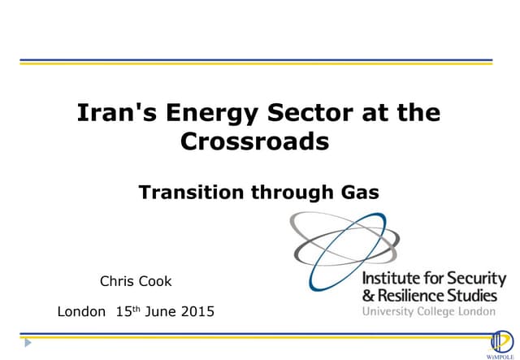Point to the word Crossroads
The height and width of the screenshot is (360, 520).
254,141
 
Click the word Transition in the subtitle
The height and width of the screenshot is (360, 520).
184,193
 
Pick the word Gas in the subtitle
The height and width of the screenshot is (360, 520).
358,193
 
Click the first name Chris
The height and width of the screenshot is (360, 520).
115,282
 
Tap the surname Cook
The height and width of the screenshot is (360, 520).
155,282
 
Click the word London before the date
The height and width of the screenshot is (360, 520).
81,311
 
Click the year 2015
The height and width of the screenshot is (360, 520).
198,311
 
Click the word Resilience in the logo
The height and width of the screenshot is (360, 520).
410,295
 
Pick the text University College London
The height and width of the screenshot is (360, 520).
428,311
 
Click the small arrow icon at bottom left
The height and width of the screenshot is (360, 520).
28,343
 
